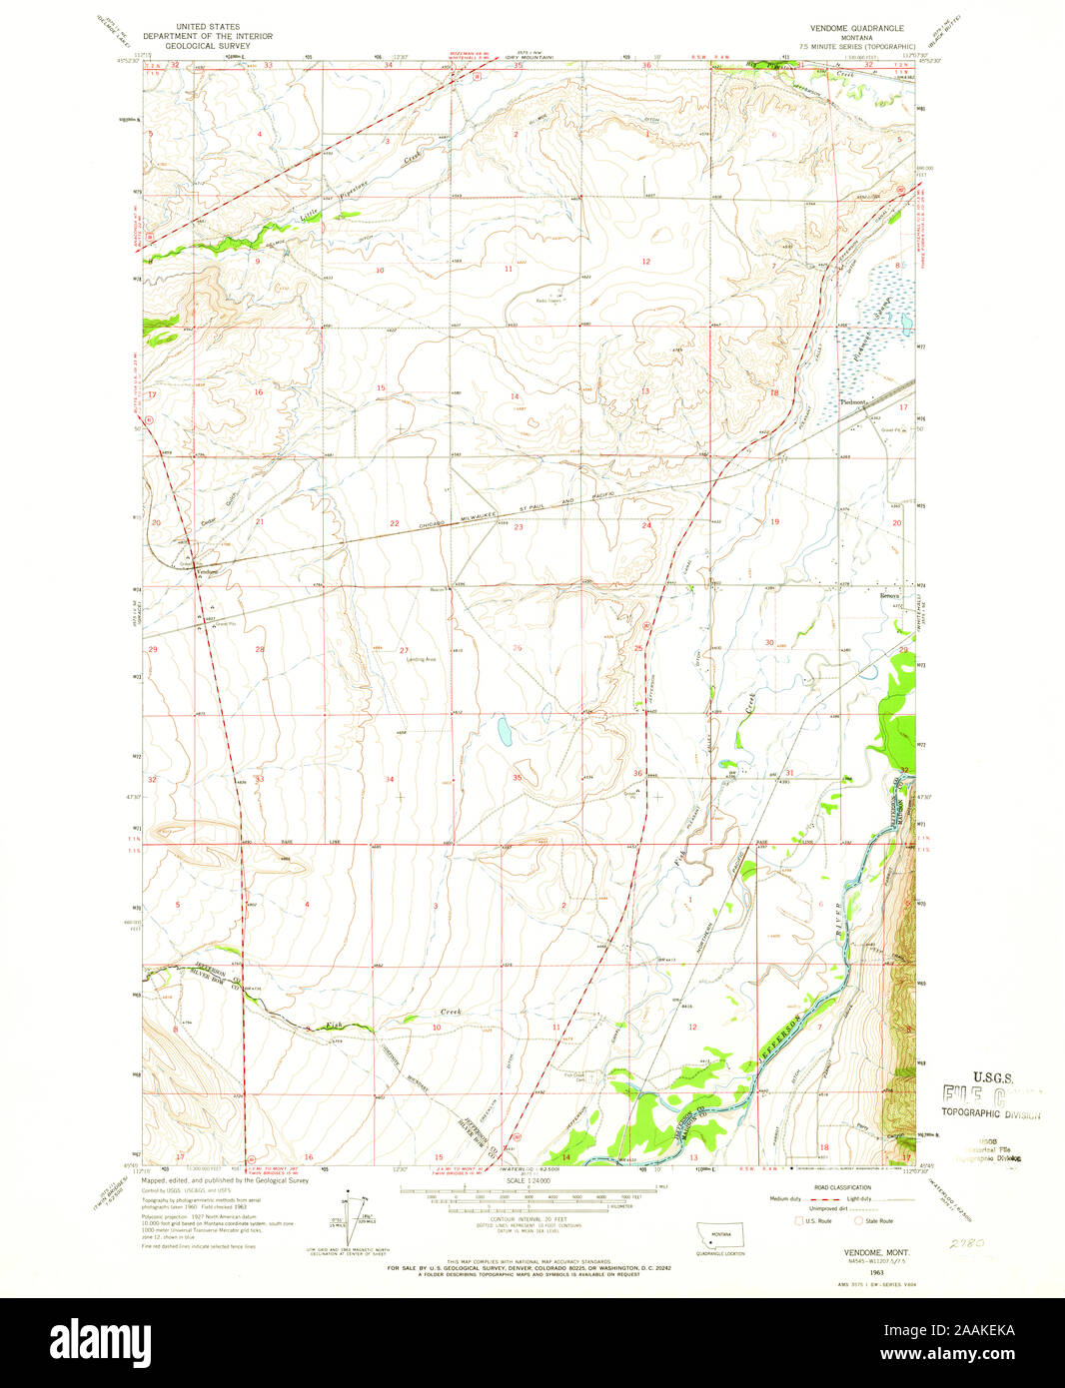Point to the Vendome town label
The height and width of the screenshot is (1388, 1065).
pos(207,572)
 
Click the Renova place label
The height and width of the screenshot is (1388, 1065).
pos(889,596)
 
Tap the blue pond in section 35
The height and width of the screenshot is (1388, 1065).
pos(506,732)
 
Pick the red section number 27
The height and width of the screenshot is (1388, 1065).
pos(404,650)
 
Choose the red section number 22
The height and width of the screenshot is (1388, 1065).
pos(395,523)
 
